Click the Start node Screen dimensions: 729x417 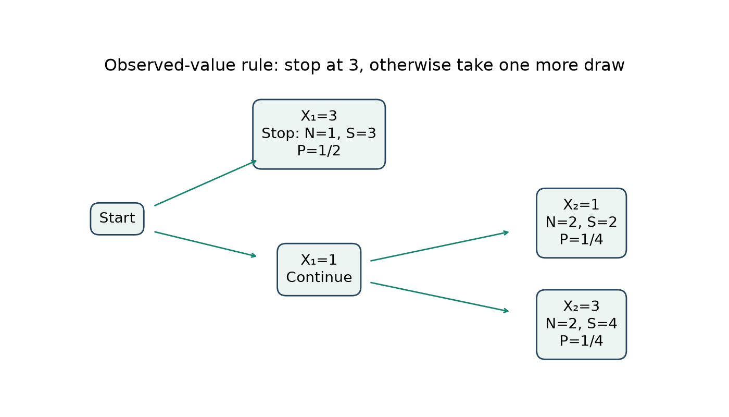(117, 218)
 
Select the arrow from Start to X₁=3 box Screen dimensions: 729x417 (206, 183)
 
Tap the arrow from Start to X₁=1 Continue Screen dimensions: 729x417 (205, 244)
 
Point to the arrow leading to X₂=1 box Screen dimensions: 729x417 (439, 246)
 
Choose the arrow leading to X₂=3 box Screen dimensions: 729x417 (439, 297)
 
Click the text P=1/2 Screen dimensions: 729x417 (319, 151)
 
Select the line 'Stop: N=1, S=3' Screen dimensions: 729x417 (319, 133)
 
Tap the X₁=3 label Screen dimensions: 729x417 (319, 116)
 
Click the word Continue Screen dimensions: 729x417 (319, 277)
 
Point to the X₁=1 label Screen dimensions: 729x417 (319, 260)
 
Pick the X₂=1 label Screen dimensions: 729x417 (581, 205)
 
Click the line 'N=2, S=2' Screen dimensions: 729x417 (581, 222)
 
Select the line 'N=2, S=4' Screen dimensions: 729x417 (581, 324)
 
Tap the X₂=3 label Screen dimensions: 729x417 (581, 306)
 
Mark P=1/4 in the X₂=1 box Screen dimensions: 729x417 (581, 239)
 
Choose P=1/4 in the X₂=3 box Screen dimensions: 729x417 (581, 341)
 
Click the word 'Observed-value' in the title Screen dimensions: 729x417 (170, 65)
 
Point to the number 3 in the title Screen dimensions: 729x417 (354, 66)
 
